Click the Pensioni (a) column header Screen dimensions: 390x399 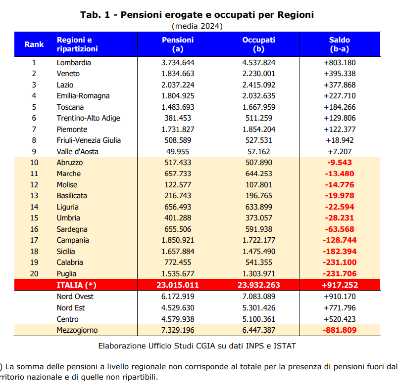pyautogui.click(x=178, y=44)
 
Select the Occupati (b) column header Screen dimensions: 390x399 pyautogui.click(x=258, y=44)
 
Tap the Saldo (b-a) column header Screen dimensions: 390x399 pyautogui.click(x=339, y=44)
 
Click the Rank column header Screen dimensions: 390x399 pyautogui.click(x=34, y=44)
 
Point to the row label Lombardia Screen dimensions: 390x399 pyautogui.click(x=74, y=63)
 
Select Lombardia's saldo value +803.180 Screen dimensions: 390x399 pyautogui.click(x=340, y=63)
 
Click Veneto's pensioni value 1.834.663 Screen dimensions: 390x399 pyautogui.click(x=178, y=74)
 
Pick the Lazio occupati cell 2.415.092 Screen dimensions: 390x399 pyautogui.click(x=258, y=85)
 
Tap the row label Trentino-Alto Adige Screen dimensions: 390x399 pyautogui.click(x=88, y=118)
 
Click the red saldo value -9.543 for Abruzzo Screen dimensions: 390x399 pyautogui.click(x=340, y=163)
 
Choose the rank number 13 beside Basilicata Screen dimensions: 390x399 pyautogui.click(x=34, y=196)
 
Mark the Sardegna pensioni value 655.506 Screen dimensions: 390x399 pyautogui.click(x=178, y=229)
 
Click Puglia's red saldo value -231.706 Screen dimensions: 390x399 pyautogui.click(x=340, y=274)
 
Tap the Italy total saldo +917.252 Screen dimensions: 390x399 pyautogui.click(x=340, y=285)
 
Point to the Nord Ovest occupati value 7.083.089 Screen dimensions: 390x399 pyautogui.click(x=258, y=297)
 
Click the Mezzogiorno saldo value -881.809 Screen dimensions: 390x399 pyautogui.click(x=340, y=330)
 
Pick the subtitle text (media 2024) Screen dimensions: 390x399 pyautogui.click(x=197, y=26)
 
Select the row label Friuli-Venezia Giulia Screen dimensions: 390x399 pyautogui.click(x=89, y=140)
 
